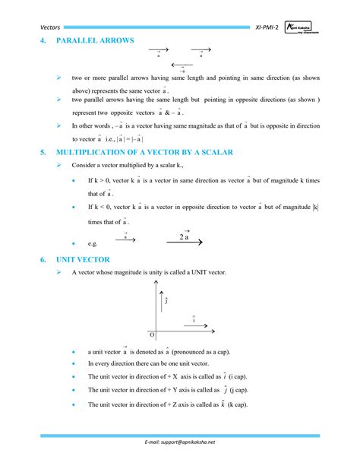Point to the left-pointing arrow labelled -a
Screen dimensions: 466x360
click(x=182, y=65)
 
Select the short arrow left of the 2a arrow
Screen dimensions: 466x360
click(x=125, y=240)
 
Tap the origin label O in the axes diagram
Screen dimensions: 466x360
click(x=151, y=335)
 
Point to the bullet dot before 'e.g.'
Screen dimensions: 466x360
click(x=72, y=243)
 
